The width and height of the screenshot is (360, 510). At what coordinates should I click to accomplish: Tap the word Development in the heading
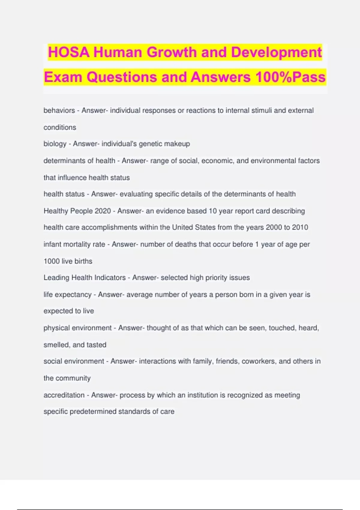[x=276, y=52]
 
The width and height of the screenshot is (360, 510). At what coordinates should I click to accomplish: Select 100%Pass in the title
[x=290, y=77]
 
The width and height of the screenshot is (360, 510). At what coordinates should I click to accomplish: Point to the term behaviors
[x=59, y=110]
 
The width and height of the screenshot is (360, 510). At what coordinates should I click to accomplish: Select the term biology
[x=55, y=144]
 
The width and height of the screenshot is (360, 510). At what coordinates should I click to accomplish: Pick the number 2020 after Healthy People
[x=103, y=211]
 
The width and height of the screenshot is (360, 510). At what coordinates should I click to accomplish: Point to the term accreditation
[x=64, y=395]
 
